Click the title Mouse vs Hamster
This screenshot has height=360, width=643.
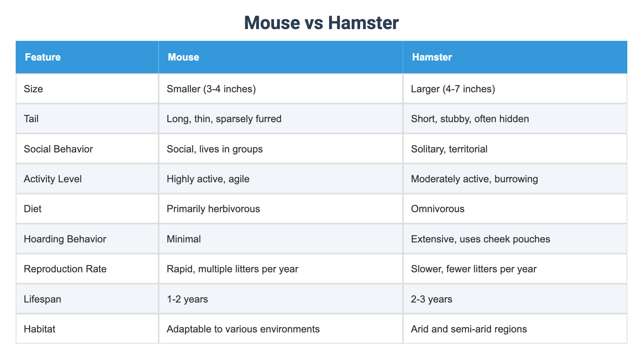pyautogui.click(x=321, y=23)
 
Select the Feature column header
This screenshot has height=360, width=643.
pyautogui.click(x=43, y=57)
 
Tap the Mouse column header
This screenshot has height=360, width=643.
pyautogui.click(x=183, y=57)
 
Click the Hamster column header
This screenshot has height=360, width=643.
pyautogui.click(x=432, y=57)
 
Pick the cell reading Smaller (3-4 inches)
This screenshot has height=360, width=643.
pyautogui.click(x=211, y=89)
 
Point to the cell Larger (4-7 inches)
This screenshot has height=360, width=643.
pyautogui.click(x=453, y=89)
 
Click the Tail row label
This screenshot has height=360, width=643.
pyautogui.click(x=31, y=119)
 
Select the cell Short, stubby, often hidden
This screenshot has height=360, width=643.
pyautogui.click(x=470, y=119)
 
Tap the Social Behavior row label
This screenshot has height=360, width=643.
pyautogui.click(x=58, y=149)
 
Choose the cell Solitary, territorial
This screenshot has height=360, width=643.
pyautogui.click(x=449, y=149)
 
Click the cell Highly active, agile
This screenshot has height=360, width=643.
pyautogui.click(x=208, y=179)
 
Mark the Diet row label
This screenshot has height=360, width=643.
pyautogui.click(x=33, y=209)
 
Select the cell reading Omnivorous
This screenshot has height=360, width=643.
pyautogui.click(x=437, y=209)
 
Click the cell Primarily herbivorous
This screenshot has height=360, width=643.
pyautogui.click(x=213, y=209)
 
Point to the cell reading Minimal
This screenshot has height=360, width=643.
pyautogui.click(x=184, y=239)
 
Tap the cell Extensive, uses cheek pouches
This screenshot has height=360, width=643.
pyautogui.click(x=480, y=239)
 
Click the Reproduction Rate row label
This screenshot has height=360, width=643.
pyautogui.click(x=65, y=269)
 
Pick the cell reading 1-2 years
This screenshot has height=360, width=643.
pyautogui.click(x=187, y=299)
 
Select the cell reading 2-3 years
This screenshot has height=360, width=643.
pyautogui.click(x=431, y=299)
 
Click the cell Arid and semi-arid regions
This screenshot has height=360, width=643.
pyautogui.click(x=468, y=329)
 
